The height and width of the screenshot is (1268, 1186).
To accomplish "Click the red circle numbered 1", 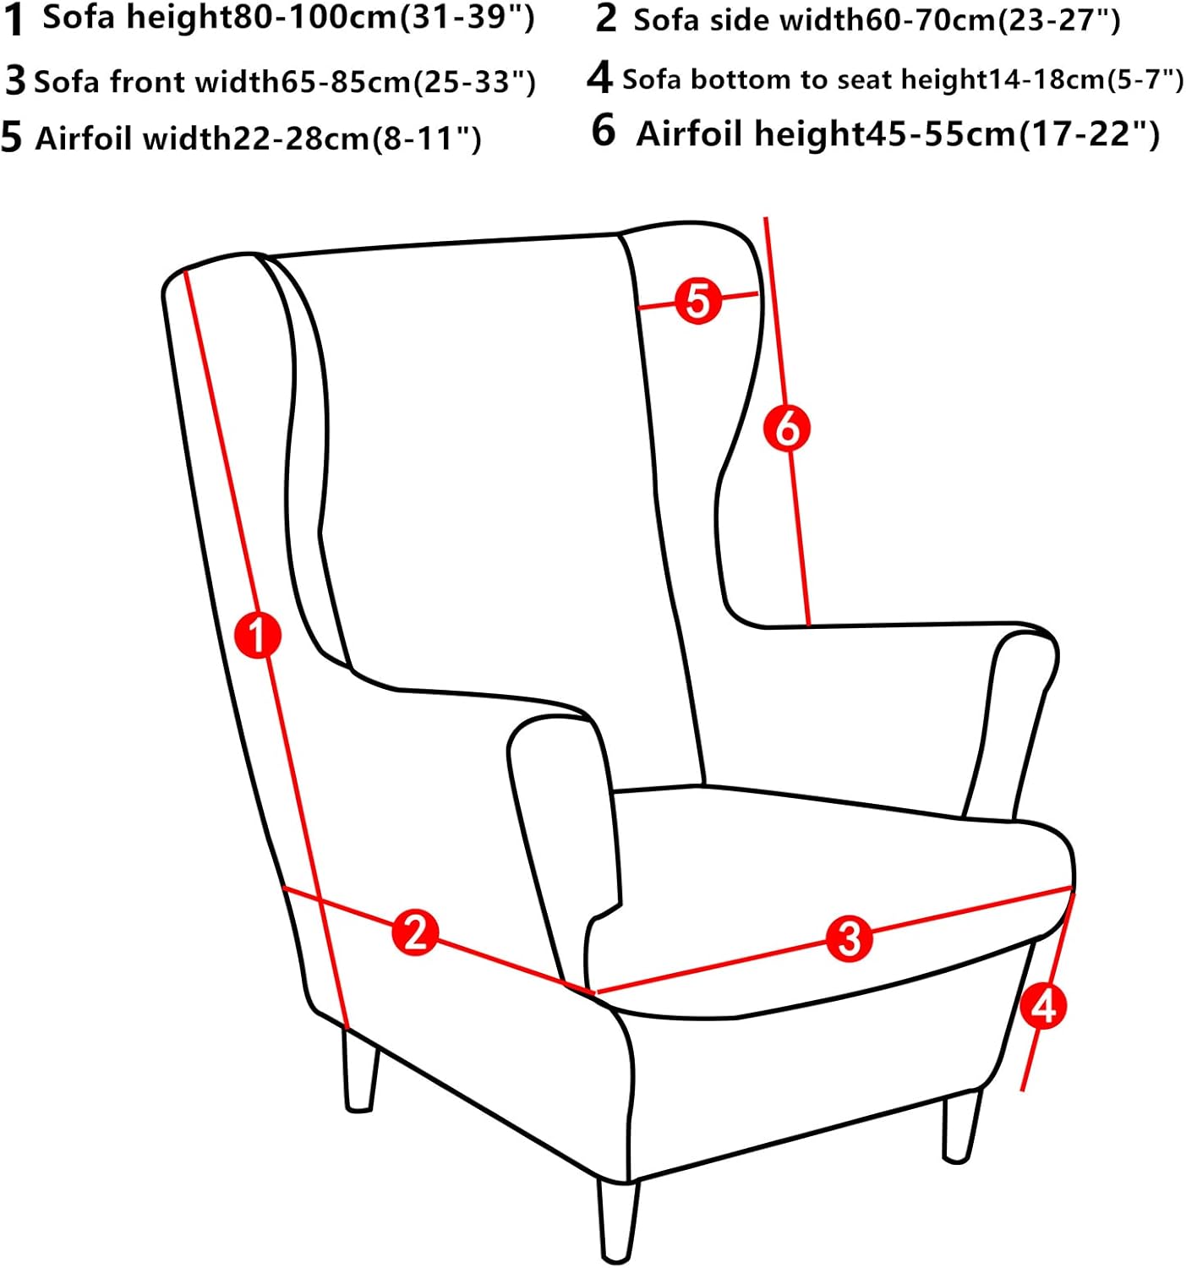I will [258, 635].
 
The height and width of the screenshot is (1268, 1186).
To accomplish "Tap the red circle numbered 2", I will [415, 932].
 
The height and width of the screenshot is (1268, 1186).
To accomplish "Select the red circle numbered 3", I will [849, 937].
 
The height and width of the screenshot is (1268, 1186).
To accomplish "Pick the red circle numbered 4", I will [1043, 1006].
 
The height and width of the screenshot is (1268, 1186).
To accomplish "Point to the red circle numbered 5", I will [698, 301].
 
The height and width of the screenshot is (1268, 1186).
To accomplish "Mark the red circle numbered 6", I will [787, 428].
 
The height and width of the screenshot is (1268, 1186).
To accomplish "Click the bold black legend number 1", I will [14, 20].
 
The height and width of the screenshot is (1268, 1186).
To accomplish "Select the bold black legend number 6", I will [604, 131].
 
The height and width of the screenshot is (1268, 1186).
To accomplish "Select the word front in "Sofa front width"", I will [146, 82].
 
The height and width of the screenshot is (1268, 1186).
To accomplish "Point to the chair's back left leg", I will [360, 1069].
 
